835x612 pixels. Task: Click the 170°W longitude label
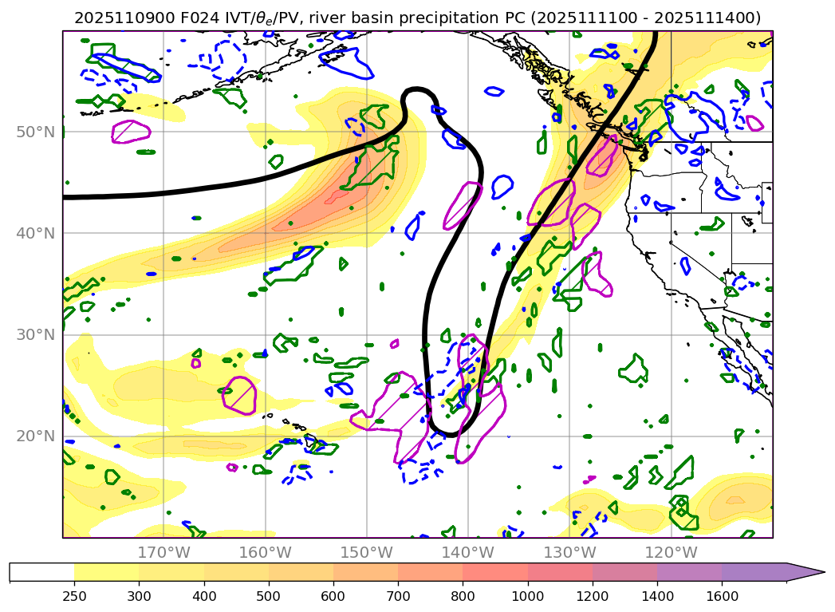tap(163, 552)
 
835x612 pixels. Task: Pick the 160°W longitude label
tap(265, 552)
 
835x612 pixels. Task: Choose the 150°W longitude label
tap(366, 552)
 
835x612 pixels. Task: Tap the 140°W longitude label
tap(467, 552)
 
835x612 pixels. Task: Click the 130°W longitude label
tap(569, 552)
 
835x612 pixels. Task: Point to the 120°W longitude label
tap(671, 552)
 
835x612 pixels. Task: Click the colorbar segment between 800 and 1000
tap(495, 572)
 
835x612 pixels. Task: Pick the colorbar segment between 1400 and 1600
tap(690, 572)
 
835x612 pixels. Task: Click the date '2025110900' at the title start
tap(116, 18)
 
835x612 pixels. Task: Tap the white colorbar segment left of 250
tap(41, 572)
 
